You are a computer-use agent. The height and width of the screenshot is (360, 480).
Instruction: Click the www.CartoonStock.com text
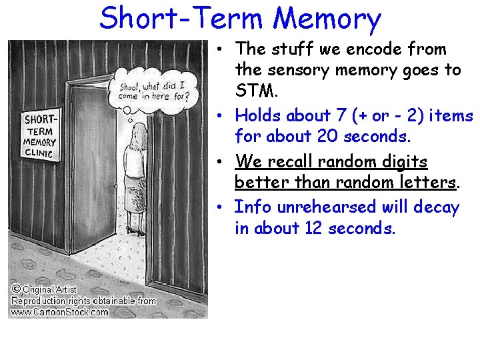(59, 311)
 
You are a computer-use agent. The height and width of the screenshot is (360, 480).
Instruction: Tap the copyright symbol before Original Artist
(15, 289)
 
